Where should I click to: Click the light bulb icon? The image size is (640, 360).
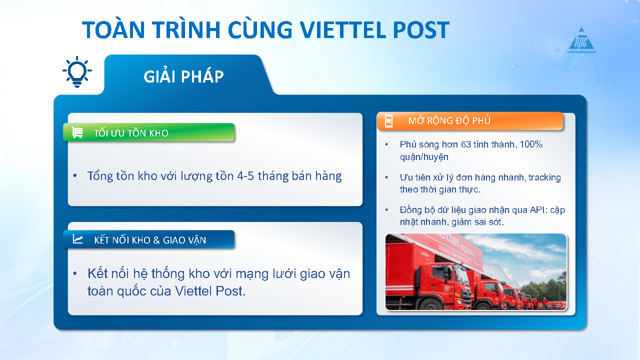77,72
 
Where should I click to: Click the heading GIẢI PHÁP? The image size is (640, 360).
183,76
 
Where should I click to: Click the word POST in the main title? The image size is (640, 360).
421,29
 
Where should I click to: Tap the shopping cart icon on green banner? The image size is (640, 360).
77,132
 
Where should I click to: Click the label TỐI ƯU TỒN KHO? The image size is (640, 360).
131,133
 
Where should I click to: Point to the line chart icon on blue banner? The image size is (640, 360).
77,239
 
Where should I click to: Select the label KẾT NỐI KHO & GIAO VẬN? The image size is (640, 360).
150,240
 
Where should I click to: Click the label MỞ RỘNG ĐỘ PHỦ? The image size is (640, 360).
449,120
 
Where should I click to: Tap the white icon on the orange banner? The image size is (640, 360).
388,121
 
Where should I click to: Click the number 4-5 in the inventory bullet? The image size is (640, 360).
245,176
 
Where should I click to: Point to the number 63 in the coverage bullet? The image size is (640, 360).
465,144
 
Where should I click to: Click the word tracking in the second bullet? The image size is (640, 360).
544,177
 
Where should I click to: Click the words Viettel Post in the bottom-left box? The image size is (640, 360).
210,291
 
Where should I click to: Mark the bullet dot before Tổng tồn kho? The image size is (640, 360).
75,175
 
